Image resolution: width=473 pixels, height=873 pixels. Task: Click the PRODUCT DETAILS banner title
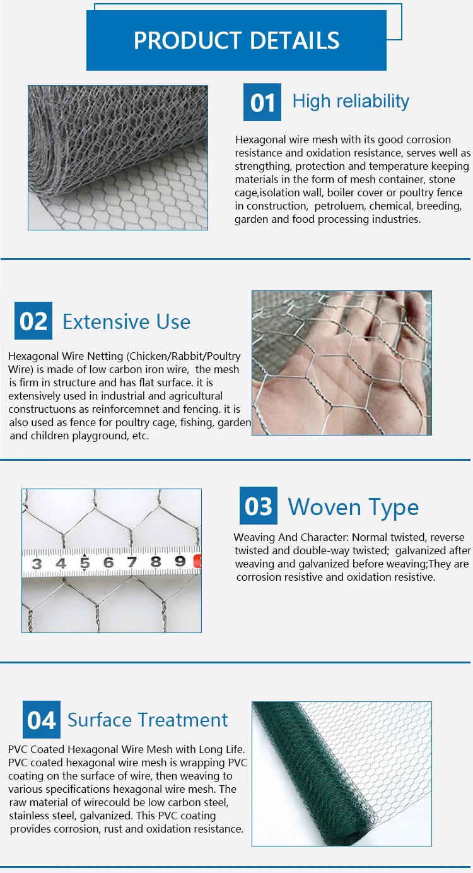point(237,40)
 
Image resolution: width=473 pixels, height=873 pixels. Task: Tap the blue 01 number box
point(262,102)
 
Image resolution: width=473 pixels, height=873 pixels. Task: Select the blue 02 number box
point(33,321)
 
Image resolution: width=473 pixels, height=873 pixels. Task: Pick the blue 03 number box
point(259,506)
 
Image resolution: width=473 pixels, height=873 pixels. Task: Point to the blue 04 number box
point(41,720)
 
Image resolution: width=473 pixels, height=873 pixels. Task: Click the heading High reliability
point(351,102)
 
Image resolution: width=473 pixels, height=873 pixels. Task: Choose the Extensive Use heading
point(127,321)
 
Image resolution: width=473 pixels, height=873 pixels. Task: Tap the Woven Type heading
point(353,508)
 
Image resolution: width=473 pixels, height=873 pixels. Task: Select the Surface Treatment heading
point(148,720)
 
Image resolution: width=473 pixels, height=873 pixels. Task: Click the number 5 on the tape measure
point(85,563)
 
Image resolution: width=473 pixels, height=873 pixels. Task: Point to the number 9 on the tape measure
point(180,561)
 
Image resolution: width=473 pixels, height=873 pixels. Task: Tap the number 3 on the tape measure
point(37,564)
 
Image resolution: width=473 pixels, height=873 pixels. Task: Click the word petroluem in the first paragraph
point(338,206)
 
